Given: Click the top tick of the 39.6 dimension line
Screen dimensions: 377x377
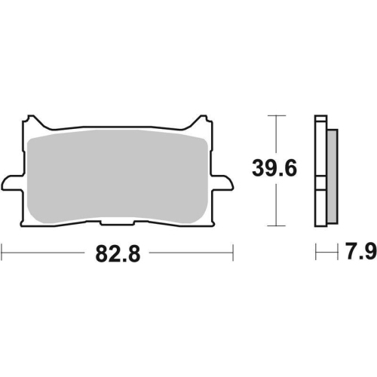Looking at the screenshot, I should click(277, 115).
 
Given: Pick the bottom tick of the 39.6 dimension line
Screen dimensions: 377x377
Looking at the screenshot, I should click(277, 225).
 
